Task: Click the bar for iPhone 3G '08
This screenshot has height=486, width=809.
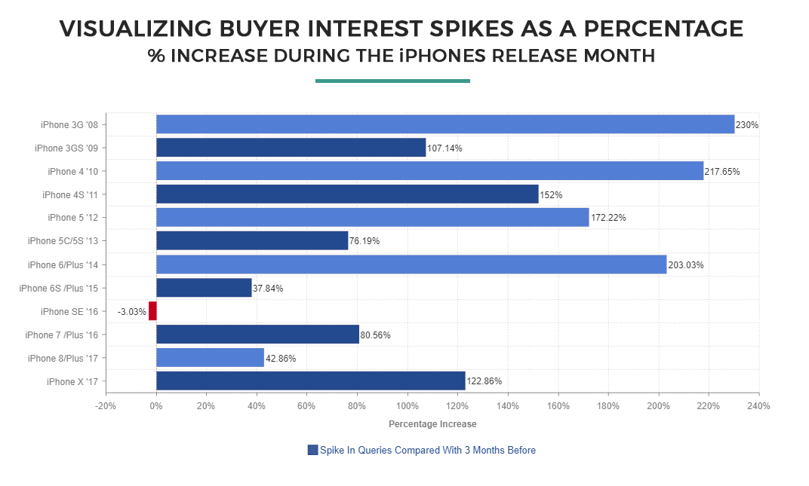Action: [x=445, y=124]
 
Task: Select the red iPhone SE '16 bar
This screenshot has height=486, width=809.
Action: [x=152, y=310]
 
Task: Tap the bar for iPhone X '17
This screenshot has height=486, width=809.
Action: [x=310, y=381]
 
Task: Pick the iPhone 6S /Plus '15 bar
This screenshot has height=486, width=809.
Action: [x=204, y=287]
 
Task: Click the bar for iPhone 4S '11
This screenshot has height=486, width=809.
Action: [x=347, y=194]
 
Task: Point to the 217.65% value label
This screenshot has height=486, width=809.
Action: [x=722, y=171]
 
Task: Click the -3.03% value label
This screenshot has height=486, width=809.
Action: [x=131, y=311]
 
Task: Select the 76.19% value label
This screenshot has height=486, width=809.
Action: [x=365, y=241]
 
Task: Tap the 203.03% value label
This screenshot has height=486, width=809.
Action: [x=685, y=264]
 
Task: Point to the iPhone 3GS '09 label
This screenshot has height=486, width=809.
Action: [x=71, y=148]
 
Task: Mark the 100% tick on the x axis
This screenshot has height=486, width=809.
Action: [x=407, y=406]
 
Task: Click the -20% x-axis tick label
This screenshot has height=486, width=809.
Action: [x=106, y=406]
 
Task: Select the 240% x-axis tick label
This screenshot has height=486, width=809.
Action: [x=758, y=406]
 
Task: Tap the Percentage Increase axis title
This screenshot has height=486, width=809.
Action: [x=432, y=424]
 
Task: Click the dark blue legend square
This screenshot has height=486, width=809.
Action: [x=312, y=450]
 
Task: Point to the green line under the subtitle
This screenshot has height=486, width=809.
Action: [x=392, y=81]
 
